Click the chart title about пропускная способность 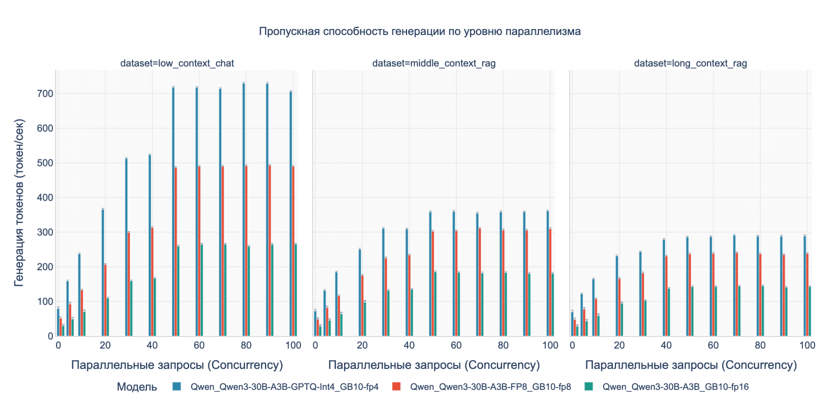[419, 31]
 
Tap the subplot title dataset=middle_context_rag [433, 64]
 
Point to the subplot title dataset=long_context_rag [690, 64]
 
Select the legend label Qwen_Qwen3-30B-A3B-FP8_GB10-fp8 [490, 387]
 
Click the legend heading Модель [137, 387]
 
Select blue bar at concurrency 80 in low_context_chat [243, 210]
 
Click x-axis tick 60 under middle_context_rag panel [456, 345]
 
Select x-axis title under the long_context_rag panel [690, 365]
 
